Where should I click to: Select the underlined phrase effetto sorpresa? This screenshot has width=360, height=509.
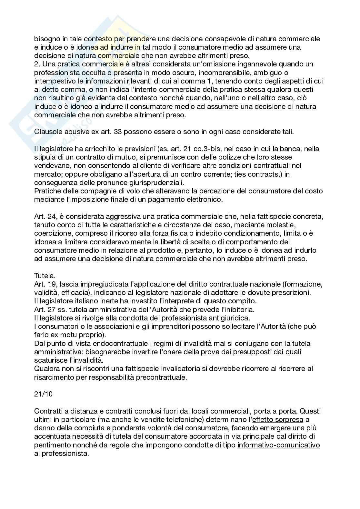[278, 420]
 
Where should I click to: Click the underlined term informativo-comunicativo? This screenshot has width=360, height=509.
[278, 445]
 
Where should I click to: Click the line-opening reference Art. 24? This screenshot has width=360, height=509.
[45, 216]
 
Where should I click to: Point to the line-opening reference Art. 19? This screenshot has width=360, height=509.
[45, 284]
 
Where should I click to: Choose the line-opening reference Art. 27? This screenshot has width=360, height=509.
[45, 309]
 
